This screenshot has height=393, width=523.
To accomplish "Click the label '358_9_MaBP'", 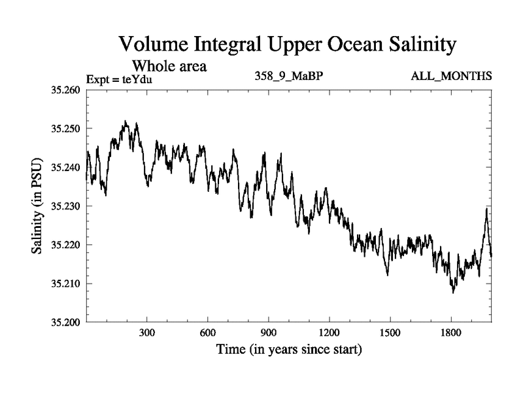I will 288,77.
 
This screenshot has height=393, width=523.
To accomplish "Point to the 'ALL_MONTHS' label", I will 451,77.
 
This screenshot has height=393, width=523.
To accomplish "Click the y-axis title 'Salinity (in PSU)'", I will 38,206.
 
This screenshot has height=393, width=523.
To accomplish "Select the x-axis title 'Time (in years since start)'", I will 288,350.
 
